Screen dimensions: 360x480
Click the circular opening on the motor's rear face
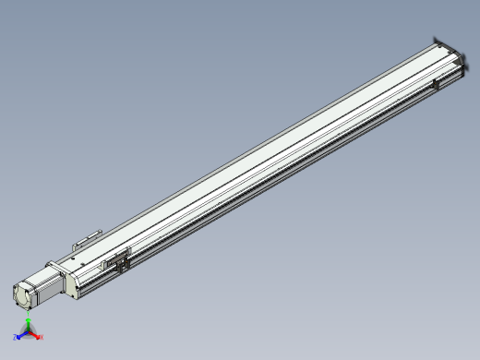(21, 296)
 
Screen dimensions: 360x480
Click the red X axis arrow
(36, 335)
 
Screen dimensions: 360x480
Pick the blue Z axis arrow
(21, 335)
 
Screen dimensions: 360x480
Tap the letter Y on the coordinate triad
(29, 318)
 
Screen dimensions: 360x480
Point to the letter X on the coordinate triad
(42, 337)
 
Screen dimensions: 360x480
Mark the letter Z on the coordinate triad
(17, 338)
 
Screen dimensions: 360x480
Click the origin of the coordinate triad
(29, 333)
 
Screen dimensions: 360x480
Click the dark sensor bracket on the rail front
(121, 260)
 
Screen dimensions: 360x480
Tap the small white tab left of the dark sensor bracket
(107, 265)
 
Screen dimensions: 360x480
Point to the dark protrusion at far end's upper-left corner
(435, 40)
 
